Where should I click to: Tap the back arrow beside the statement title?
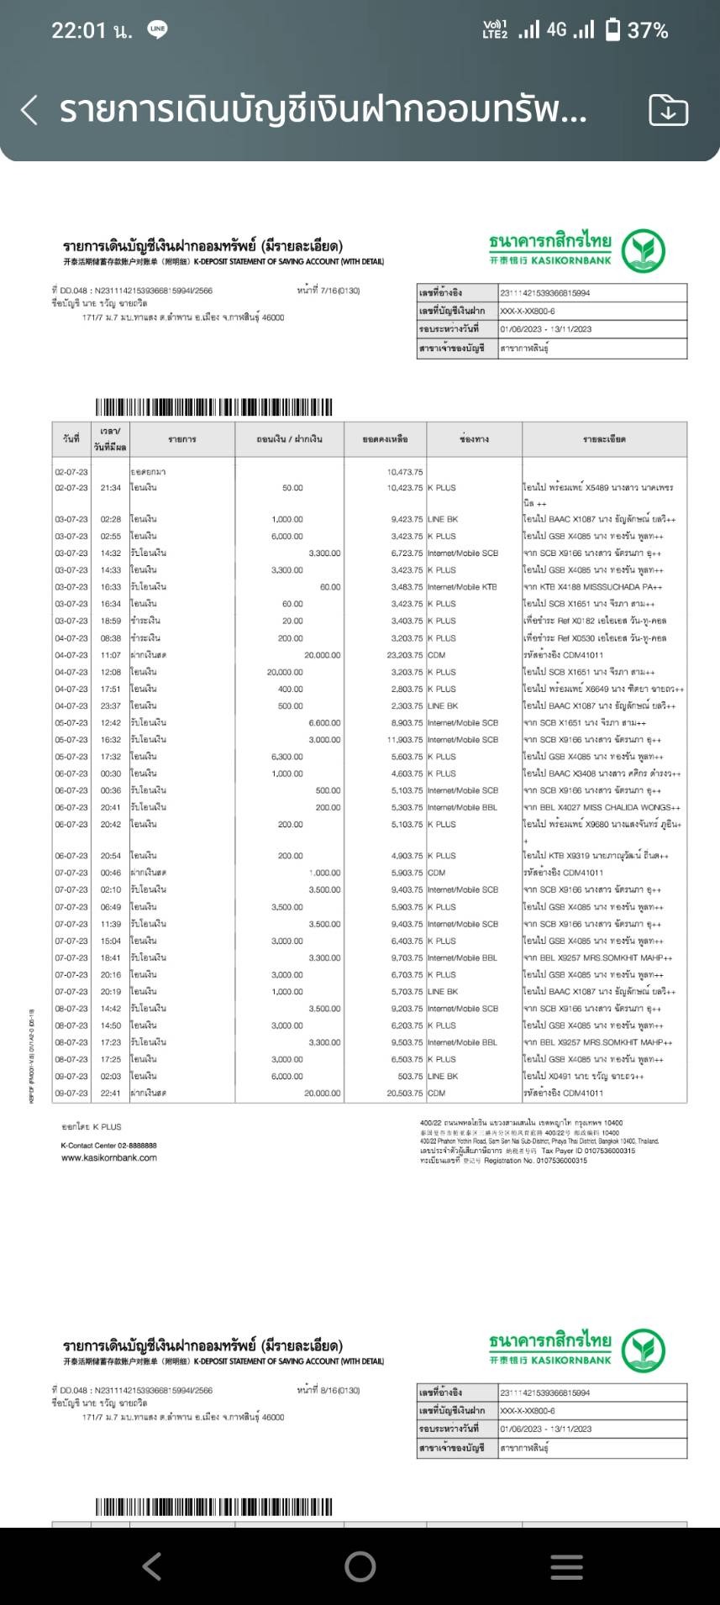click(29, 110)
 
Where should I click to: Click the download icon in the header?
click(668, 110)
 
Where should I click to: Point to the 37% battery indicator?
click(638, 30)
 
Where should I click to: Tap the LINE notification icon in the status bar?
click(157, 30)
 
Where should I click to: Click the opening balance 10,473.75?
click(405, 472)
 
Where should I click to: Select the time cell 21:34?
click(111, 488)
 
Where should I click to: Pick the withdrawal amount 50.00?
click(292, 488)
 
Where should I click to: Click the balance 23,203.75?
click(405, 655)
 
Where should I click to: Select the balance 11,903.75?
click(405, 740)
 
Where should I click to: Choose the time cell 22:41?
click(111, 1094)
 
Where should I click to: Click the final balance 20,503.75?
click(405, 1094)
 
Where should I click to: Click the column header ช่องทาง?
click(474, 439)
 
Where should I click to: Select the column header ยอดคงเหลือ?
click(386, 439)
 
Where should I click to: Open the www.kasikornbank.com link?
click(109, 1158)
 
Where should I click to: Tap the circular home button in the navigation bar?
click(360, 1566)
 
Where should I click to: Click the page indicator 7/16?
click(328, 291)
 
